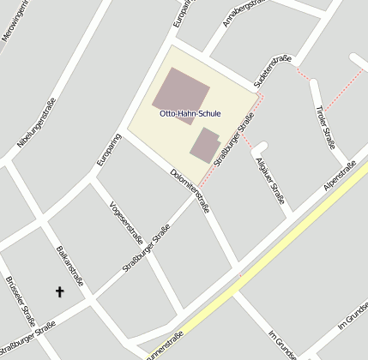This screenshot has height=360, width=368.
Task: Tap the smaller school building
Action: pyautogui.click(x=204, y=144)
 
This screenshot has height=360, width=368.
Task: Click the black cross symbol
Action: pyautogui.click(x=60, y=292)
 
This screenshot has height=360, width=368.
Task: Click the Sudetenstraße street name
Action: pyautogui.click(x=273, y=72)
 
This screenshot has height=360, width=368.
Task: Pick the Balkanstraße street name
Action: pyautogui.click(x=69, y=267)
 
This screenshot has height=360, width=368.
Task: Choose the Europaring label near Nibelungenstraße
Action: pyautogui.click(x=107, y=151)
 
